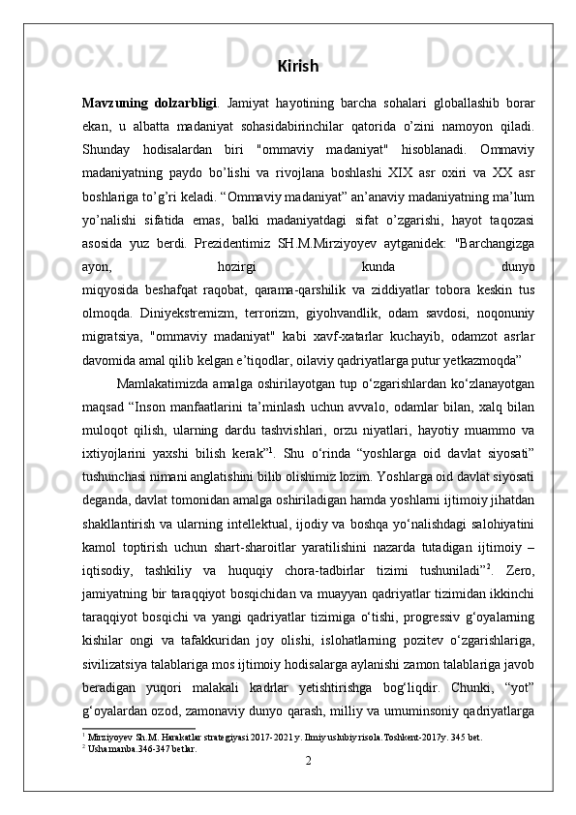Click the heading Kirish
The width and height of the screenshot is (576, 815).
(x=297, y=67)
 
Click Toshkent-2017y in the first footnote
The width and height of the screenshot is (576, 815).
(x=404, y=762)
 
